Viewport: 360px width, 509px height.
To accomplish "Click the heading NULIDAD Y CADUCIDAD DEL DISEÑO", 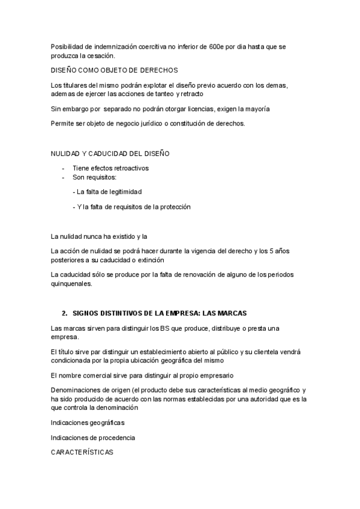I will pyautogui.click(x=110, y=154).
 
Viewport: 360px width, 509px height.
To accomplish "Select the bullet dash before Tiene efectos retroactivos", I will pyautogui.click(x=64, y=168).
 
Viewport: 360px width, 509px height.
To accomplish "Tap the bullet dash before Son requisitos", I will pyautogui.click(x=64, y=178).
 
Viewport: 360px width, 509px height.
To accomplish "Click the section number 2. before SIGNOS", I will pyautogui.click(x=64, y=313).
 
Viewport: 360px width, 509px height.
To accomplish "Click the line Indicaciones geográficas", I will pyautogui.click(x=88, y=423).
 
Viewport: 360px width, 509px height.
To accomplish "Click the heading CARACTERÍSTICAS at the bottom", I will pyautogui.click(x=82, y=452).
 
